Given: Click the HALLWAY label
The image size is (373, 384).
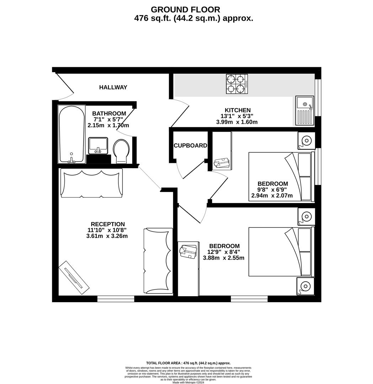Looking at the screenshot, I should (x=113, y=87).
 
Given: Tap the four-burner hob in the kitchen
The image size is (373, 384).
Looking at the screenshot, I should (x=237, y=84).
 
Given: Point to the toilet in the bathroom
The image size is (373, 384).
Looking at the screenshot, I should (x=122, y=151).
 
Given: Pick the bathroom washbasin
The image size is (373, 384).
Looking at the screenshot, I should (x=98, y=146).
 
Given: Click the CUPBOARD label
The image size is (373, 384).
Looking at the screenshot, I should (x=190, y=145).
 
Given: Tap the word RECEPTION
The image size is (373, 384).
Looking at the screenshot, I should (x=108, y=224).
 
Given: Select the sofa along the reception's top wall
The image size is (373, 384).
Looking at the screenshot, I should (x=92, y=183).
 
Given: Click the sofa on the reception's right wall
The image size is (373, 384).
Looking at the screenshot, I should (x=158, y=260).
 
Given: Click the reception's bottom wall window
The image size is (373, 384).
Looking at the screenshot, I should (x=116, y=299).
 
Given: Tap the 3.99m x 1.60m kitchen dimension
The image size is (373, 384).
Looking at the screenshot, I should (x=237, y=122).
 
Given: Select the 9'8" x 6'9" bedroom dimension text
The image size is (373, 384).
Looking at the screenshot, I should (x=272, y=190).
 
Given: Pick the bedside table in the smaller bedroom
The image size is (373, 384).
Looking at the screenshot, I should (x=307, y=140).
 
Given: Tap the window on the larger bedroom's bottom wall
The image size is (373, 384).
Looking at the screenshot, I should (x=249, y=299).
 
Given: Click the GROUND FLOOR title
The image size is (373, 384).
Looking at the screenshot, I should (x=185, y=10).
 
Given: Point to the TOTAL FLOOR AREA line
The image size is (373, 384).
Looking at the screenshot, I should (x=188, y=363).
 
